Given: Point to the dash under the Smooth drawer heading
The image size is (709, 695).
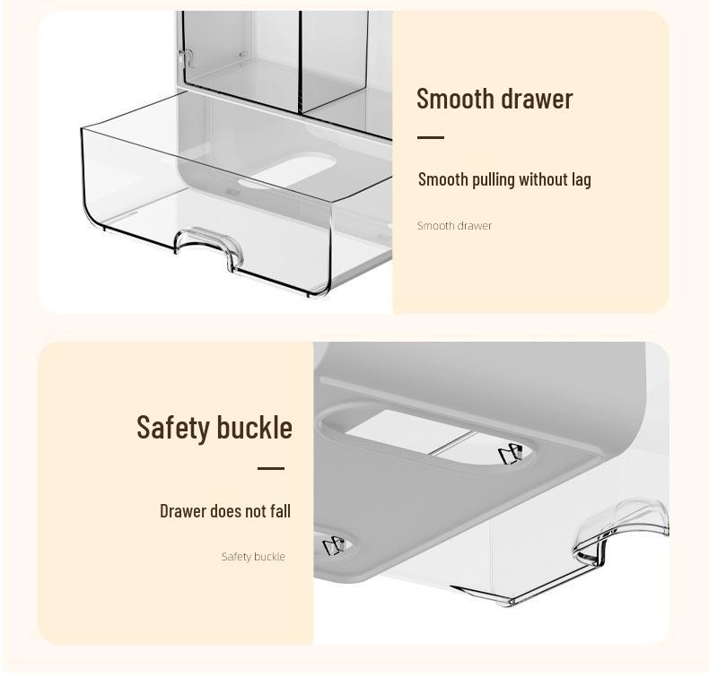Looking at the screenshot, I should pyautogui.click(x=431, y=138).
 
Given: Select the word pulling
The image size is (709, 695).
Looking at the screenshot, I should pyautogui.click(x=492, y=179).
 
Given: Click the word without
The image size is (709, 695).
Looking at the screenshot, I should pyautogui.click(x=543, y=179).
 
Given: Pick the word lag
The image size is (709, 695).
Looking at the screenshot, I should pyautogui.click(x=582, y=180).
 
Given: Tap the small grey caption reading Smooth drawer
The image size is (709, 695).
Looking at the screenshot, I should pyautogui.click(x=454, y=226).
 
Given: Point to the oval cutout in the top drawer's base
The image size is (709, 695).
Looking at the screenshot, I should pyautogui.click(x=299, y=169).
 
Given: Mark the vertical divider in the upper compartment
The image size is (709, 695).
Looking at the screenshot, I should pyautogui.click(x=299, y=63).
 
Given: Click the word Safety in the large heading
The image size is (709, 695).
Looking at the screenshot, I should pyautogui.click(x=174, y=427).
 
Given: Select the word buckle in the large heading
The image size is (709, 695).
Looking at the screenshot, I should pyautogui.click(x=255, y=427).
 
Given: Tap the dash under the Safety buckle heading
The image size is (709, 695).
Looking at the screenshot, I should pyautogui.click(x=271, y=468).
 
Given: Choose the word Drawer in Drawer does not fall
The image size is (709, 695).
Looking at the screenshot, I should pyautogui.click(x=183, y=511).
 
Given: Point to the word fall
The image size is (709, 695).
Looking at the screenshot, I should pyautogui.click(x=281, y=511).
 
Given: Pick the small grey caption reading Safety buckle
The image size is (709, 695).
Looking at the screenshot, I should pyautogui.click(x=253, y=557).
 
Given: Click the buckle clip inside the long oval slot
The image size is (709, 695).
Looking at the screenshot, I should pyautogui.click(x=509, y=455).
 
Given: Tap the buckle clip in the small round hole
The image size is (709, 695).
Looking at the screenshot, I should pyautogui.click(x=333, y=544).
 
